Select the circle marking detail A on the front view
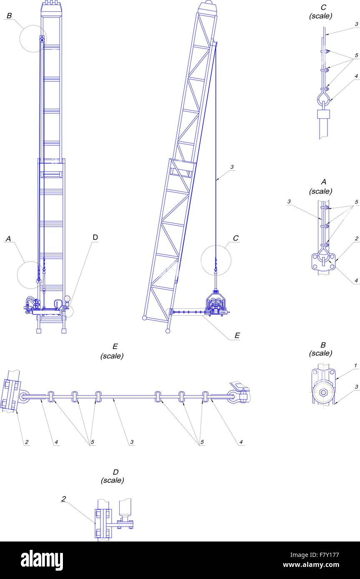point(30,275)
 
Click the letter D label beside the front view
point(95,237)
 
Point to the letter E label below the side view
point(237,335)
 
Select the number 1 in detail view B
point(355,366)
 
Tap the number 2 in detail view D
point(64,499)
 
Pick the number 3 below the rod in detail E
point(132,442)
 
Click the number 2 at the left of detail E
point(26,442)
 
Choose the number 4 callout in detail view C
point(356,76)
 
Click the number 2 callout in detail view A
point(357,239)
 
